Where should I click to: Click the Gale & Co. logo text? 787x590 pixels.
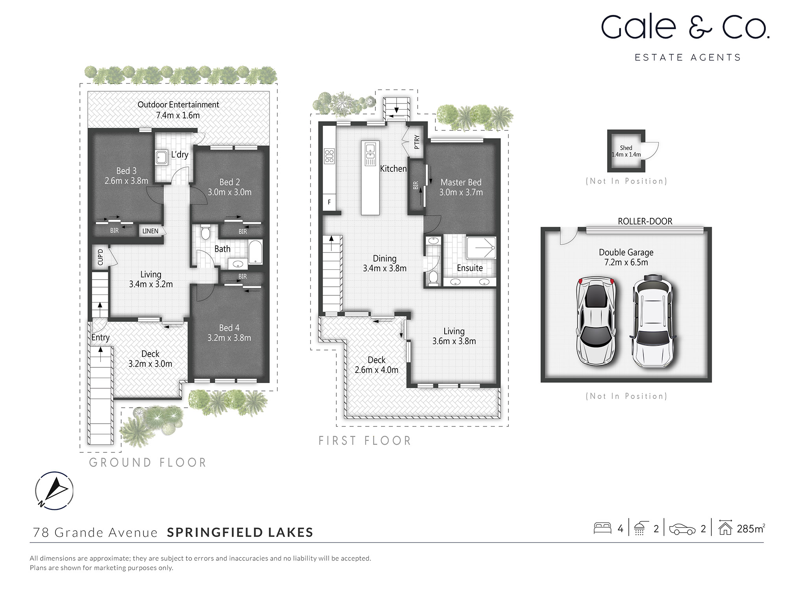click(x=685, y=28)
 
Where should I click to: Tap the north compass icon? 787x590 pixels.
click(x=54, y=490)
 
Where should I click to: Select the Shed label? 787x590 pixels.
click(x=626, y=148)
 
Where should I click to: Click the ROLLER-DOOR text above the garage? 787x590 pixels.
click(x=645, y=221)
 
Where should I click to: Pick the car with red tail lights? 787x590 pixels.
click(x=595, y=321)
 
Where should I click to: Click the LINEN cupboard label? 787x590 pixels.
click(x=150, y=231)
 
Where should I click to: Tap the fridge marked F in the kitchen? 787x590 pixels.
click(x=329, y=202)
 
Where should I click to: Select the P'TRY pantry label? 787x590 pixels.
click(x=417, y=142)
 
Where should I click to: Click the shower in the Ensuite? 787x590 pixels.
click(x=481, y=247)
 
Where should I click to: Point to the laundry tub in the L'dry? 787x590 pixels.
click(x=162, y=157)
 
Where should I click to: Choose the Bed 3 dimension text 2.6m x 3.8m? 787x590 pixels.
click(x=126, y=181)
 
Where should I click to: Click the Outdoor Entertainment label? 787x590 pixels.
click(x=178, y=105)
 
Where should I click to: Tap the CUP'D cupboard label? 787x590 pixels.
click(x=100, y=257)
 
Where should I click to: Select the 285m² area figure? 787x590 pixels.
click(x=750, y=529)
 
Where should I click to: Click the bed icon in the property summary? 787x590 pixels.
click(x=602, y=528)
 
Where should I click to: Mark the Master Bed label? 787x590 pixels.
click(x=461, y=182)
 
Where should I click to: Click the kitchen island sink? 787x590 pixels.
click(x=370, y=148)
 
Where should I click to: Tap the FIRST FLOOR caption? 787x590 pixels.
click(x=365, y=441)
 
